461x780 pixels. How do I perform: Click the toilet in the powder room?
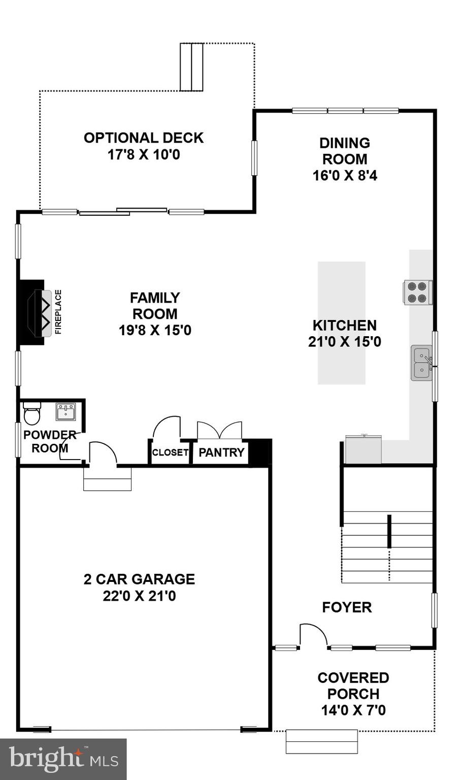pos(32,413)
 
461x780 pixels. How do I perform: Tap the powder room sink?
pos(65,412)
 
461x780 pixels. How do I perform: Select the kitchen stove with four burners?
pos(417,292)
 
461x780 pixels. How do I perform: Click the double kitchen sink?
pos(421,363)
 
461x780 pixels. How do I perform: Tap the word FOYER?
pos(347,607)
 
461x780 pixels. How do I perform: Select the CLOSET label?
pos(170,452)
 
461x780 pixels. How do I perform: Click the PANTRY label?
pos(221,452)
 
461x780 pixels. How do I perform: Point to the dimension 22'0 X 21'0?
pos(139,596)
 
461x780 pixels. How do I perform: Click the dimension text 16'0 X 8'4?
pos(345,176)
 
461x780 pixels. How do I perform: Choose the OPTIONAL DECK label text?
pos(144,138)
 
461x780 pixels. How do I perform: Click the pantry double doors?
pos(219,430)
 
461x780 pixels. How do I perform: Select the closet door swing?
pos(167,428)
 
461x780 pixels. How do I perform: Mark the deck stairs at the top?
pos(191,67)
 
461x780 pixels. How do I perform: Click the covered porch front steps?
pos(321,741)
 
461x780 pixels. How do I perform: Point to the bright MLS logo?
pos(63,759)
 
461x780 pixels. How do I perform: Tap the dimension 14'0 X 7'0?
pos(353,710)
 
